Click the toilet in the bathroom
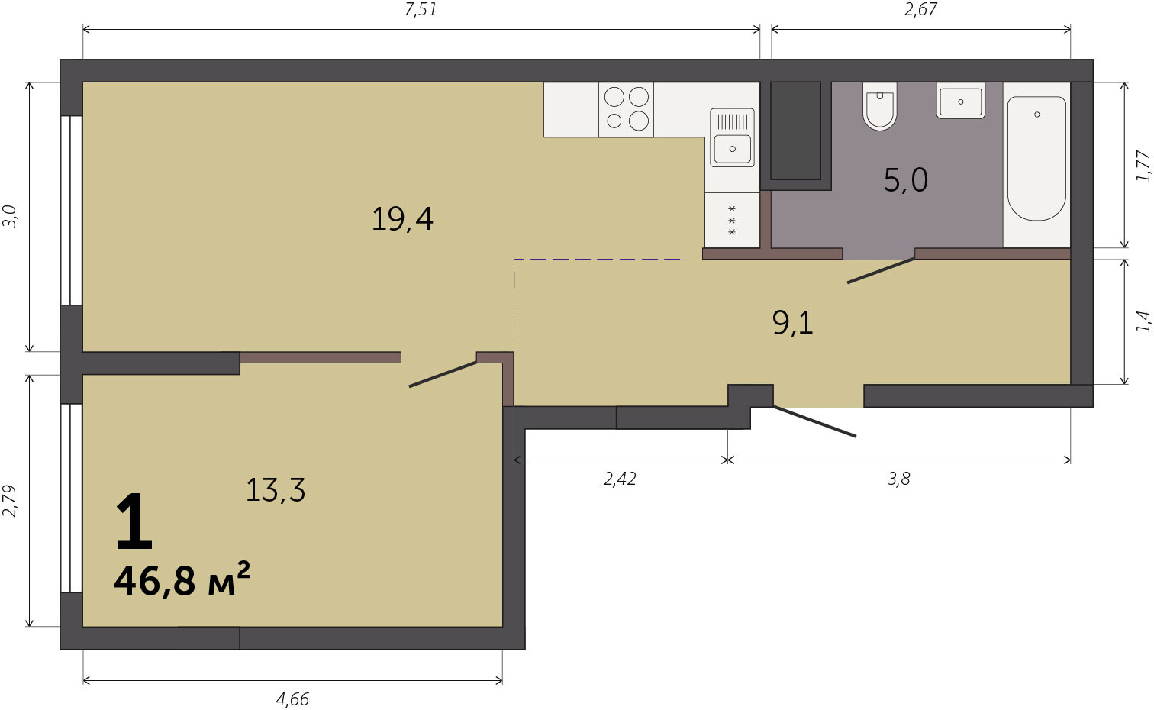coord(880,106)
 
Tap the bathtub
coord(1036,159)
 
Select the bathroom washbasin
coord(961,101)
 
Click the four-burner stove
coord(626,109)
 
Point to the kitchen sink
coord(732,137)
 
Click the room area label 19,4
coord(401,218)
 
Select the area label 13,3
coord(276,489)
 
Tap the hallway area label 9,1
coord(792,323)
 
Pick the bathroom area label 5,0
coord(906,180)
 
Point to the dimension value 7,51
coord(421,10)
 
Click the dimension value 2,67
coord(920,10)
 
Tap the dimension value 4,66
coord(292,699)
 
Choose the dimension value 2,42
coord(620,479)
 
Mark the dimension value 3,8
coord(898,479)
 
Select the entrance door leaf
coord(814,421)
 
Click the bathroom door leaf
coord(882,270)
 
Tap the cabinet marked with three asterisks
coord(732,220)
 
